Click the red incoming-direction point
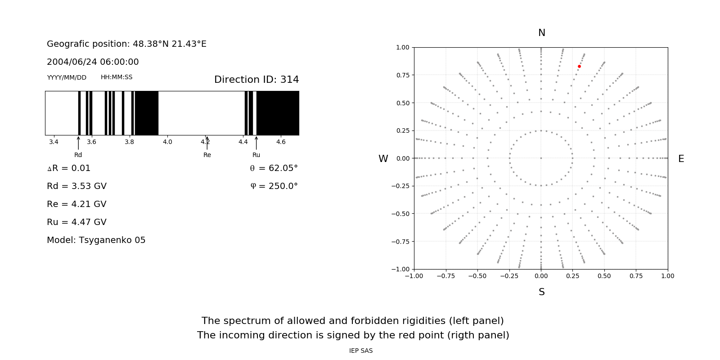579,67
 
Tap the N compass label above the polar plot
541,33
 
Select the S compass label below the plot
541,292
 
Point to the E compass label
681,159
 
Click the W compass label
383,159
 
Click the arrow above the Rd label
78,143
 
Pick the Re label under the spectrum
207,155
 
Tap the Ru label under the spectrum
256,155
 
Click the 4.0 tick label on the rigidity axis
167,142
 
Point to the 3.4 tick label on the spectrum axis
54,142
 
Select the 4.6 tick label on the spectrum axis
281,142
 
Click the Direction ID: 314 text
256,80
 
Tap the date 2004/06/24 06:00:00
93,62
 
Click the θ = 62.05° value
274,168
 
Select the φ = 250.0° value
274,186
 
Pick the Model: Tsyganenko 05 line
96,240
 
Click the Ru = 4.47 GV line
76,222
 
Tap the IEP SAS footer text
361,351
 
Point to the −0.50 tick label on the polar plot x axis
477,276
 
